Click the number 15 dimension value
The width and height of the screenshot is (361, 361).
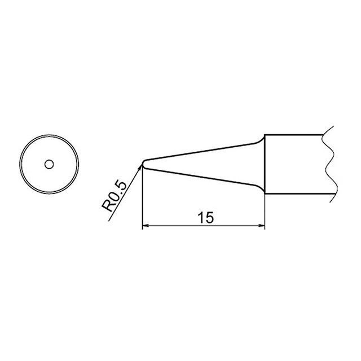pyautogui.click(x=205, y=218)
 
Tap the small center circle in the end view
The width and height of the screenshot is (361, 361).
pyautogui.click(x=49, y=164)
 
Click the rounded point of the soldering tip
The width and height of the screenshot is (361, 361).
pyautogui.click(x=143, y=164)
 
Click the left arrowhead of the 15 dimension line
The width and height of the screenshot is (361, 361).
pyautogui.click(x=146, y=226)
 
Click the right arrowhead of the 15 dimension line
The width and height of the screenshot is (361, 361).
pyautogui.click(x=262, y=226)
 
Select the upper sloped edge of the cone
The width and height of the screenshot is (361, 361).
pyautogui.click(x=200, y=152)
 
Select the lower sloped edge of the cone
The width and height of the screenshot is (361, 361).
pyautogui.click(x=200, y=177)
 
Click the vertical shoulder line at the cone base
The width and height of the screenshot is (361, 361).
pyautogui.click(x=265, y=164)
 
